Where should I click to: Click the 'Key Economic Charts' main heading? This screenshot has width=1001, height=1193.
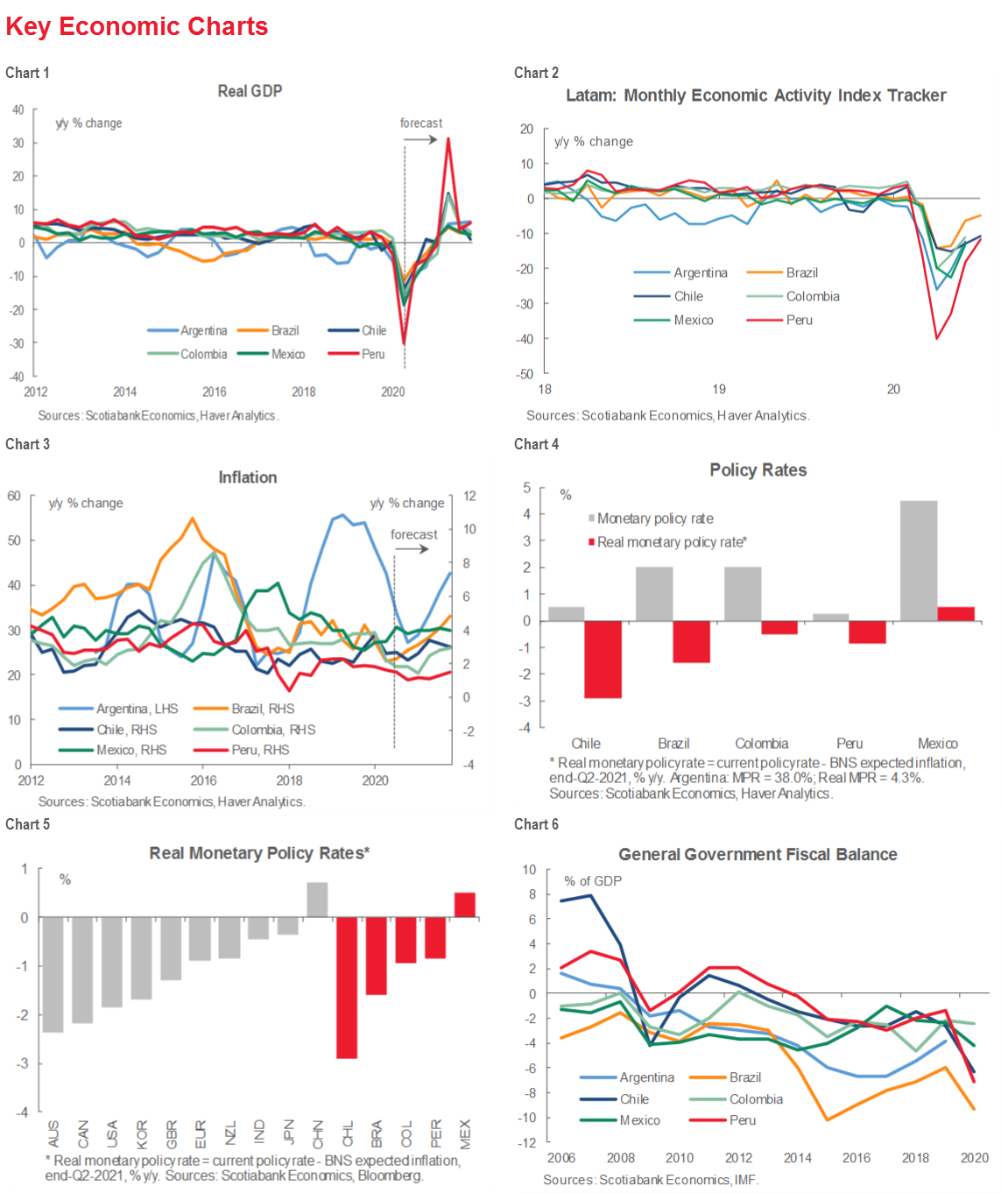point(137,26)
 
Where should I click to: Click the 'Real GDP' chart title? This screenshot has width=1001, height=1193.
point(250,91)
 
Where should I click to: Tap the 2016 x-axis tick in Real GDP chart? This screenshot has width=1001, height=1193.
point(215,392)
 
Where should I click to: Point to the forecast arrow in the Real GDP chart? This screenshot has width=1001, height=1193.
point(421,139)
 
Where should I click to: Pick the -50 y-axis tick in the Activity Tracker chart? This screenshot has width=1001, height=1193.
point(525,374)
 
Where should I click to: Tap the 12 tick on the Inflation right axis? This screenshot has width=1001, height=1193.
point(469,496)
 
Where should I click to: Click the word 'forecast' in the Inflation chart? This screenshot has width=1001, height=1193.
point(413,534)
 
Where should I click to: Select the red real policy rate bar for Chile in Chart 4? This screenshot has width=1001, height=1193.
point(603,659)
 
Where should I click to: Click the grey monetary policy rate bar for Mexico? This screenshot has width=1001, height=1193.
point(919,561)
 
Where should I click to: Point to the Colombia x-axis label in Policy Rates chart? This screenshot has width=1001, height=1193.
point(761,744)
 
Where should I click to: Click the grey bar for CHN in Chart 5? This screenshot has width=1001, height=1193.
point(317,900)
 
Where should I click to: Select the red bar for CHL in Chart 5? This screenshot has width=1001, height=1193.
point(347,987)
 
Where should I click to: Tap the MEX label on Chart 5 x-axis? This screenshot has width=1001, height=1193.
point(465,1133)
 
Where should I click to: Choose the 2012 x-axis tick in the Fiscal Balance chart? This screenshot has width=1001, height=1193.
point(738,1158)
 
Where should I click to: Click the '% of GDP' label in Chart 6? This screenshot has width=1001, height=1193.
point(593,881)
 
